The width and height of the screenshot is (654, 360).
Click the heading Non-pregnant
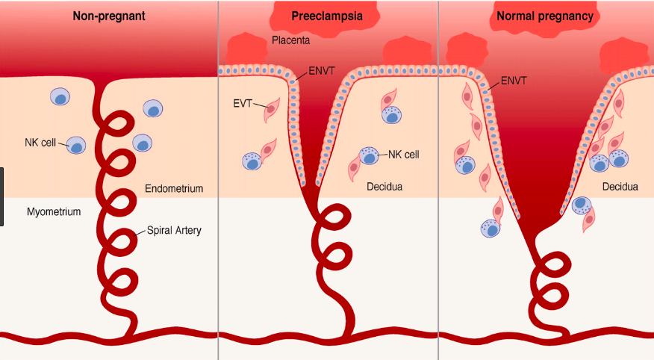point(108,16)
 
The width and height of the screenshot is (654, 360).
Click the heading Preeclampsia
point(327,16)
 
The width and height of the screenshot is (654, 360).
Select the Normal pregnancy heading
point(544,16)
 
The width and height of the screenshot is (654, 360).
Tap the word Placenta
point(291,40)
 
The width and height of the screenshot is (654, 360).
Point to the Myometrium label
point(54,212)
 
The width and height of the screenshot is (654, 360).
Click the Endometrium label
point(174,189)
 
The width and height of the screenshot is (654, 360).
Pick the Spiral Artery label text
point(173,231)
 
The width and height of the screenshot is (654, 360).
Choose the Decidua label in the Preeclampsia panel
point(384,187)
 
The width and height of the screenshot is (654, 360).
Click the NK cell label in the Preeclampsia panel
point(404,155)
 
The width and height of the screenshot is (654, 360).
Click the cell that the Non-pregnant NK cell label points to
point(77,144)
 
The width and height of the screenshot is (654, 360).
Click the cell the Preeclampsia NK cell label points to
point(370,156)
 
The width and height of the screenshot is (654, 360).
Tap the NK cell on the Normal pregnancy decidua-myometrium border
point(582,204)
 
